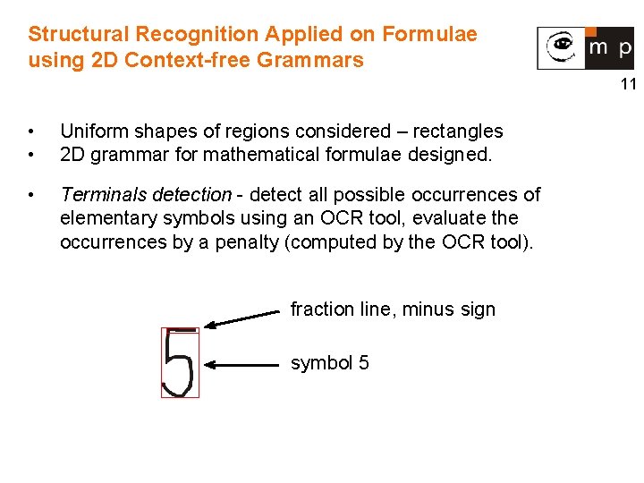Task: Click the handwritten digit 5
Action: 179,363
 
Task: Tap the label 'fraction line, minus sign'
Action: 393,309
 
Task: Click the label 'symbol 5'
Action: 329,363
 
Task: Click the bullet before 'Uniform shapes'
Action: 32,132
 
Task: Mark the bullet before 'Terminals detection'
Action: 32,195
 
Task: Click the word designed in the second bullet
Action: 451,154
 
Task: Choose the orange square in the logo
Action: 592,31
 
